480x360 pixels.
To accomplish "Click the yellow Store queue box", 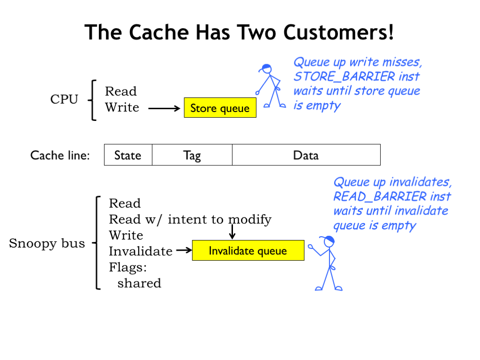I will (220, 108).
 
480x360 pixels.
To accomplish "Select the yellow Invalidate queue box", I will (248, 251).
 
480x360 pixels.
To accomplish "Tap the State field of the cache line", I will (128, 155).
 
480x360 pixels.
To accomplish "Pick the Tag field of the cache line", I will (192, 155).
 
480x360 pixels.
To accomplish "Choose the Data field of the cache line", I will (306, 155).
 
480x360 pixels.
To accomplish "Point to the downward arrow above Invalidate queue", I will (232, 232).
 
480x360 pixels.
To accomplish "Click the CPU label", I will (64, 99).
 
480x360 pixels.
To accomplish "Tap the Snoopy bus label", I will (47, 243).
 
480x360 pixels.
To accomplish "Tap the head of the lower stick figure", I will (329, 241).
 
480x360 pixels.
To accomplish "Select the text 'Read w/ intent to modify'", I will (190, 219).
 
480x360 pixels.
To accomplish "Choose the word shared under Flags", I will (139, 283).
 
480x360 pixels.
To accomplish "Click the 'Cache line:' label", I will (60, 155).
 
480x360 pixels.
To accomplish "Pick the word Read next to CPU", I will (121, 91).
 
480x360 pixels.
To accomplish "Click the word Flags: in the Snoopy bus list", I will (128, 267).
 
